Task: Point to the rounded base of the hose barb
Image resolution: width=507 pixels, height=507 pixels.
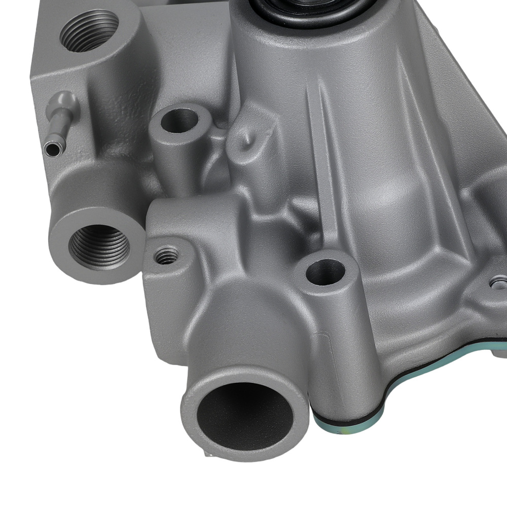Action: click(69, 101)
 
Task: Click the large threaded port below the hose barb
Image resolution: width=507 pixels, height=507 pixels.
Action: click(99, 246)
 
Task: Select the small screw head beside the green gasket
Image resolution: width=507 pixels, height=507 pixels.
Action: click(499, 280)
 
